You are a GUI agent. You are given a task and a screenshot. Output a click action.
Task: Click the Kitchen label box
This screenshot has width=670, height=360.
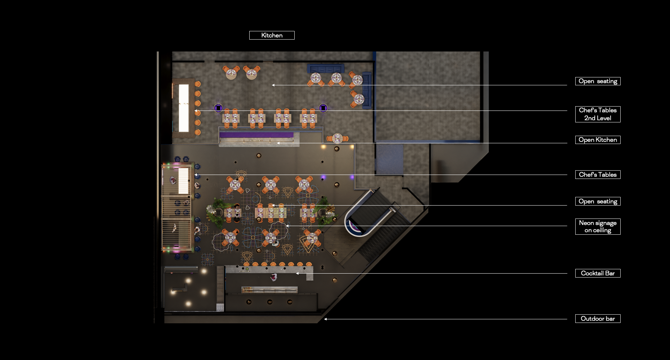point(272,35)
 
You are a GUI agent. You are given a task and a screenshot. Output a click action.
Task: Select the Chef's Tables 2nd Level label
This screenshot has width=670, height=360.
point(598,114)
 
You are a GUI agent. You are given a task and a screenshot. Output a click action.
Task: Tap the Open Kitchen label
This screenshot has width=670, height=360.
point(598,140)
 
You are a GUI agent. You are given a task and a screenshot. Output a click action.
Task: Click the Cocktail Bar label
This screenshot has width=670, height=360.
point(598,273)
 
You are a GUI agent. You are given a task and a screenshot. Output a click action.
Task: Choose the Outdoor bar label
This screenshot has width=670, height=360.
point(598,319)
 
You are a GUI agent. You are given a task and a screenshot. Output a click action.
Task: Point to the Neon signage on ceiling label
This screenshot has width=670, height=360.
point(598,226)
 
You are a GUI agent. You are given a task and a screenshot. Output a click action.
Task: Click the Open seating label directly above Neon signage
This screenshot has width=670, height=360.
point(598,201)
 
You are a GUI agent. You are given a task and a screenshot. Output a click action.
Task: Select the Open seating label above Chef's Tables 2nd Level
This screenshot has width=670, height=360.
point(598,81)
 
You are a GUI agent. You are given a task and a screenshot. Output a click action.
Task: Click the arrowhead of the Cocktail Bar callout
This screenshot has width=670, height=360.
point(298,274)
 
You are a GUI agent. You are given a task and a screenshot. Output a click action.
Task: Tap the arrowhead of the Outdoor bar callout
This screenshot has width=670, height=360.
point(325,319)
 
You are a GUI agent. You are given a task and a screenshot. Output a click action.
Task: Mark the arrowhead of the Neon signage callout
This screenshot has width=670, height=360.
point(287,226)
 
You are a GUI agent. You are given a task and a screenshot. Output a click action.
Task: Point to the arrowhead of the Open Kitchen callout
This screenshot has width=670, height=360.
point(278,143)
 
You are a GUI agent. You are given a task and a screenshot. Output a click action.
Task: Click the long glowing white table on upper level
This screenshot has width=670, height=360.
point(184,108)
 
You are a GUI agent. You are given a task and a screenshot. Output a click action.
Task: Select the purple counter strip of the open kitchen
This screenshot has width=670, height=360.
point(256,135)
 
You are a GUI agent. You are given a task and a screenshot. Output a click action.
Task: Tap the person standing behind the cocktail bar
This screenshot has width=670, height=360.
point(274,277)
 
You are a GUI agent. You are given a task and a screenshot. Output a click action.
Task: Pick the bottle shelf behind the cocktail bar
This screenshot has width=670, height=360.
point(269,290)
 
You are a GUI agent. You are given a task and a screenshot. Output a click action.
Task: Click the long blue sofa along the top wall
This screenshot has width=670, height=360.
point(326,68)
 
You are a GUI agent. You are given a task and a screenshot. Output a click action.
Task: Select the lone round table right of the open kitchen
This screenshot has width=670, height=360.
point(338,138)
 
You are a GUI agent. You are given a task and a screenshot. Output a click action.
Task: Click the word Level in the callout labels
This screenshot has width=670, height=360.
point(603,118)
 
